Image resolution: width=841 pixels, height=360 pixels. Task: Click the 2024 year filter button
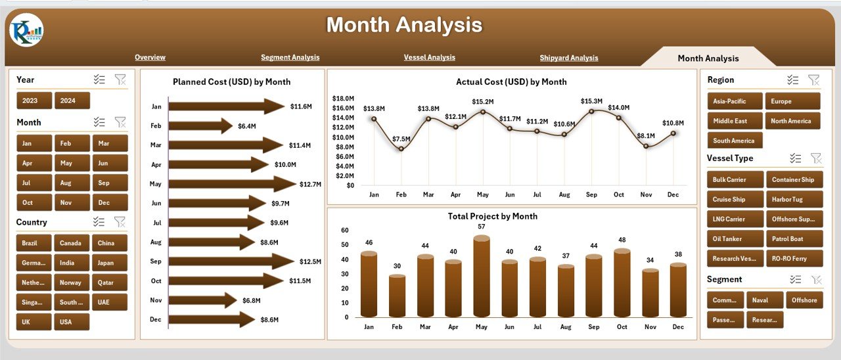(x=72, y=101)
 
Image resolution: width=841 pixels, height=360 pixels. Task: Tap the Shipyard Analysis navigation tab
(x=569, y=58)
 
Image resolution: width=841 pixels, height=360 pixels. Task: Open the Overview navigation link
(x=150, y=57)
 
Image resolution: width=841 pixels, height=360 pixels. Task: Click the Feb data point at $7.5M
(x=401, y=148)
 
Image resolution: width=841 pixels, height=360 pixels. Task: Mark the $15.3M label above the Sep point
(x=591, y=101)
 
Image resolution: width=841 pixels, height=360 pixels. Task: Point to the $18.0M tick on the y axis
(x=343, y=99)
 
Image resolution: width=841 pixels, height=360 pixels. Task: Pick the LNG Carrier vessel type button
(x=735, y=219)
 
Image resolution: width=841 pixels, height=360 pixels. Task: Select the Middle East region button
(x=735, y=121)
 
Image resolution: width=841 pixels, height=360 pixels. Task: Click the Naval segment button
(x=765, y=300)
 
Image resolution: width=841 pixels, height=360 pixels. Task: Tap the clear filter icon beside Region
(x=813, y=80)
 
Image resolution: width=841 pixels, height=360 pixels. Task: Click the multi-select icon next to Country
(x=99, y=222)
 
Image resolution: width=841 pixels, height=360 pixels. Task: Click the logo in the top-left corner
(x=27, y=30)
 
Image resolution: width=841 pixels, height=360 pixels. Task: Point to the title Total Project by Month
(x=492, y=216)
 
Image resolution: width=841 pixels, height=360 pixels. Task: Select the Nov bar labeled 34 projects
(x=650, y=293)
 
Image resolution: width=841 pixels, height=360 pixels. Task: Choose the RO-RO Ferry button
(x=794, y=258)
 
